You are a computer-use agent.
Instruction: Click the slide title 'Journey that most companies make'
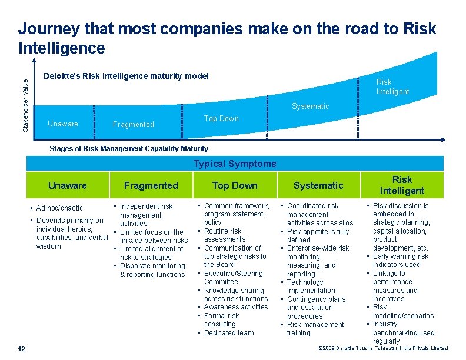click(227, 37)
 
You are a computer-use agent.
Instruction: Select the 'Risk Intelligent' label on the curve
click(392, 86)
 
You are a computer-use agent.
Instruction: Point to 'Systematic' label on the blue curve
click(310, 106)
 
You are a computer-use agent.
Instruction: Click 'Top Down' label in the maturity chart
click(221, 118)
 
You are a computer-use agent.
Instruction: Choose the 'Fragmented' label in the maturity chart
click(133, 124)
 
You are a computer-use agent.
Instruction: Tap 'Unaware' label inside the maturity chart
click(62, 124)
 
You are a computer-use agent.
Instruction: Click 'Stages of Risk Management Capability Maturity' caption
click(128, 149)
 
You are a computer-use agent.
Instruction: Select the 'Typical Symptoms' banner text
click(235, 164)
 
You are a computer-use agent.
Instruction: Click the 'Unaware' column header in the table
click(67, 185)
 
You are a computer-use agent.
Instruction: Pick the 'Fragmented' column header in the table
click(151, 185)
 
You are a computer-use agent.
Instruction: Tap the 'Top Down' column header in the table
click(235, 185)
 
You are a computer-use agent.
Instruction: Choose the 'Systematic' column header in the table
click(318, 185)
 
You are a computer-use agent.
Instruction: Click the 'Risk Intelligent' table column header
click(402, 185)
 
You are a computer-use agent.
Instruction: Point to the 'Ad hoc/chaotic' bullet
click(59, 208)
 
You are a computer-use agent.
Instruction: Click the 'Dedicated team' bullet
click(229, 333)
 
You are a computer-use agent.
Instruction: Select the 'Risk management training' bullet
click(315, 328)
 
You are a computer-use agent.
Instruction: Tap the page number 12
click(21, 349)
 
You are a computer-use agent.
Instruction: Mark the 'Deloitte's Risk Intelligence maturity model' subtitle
click(127, 76)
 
